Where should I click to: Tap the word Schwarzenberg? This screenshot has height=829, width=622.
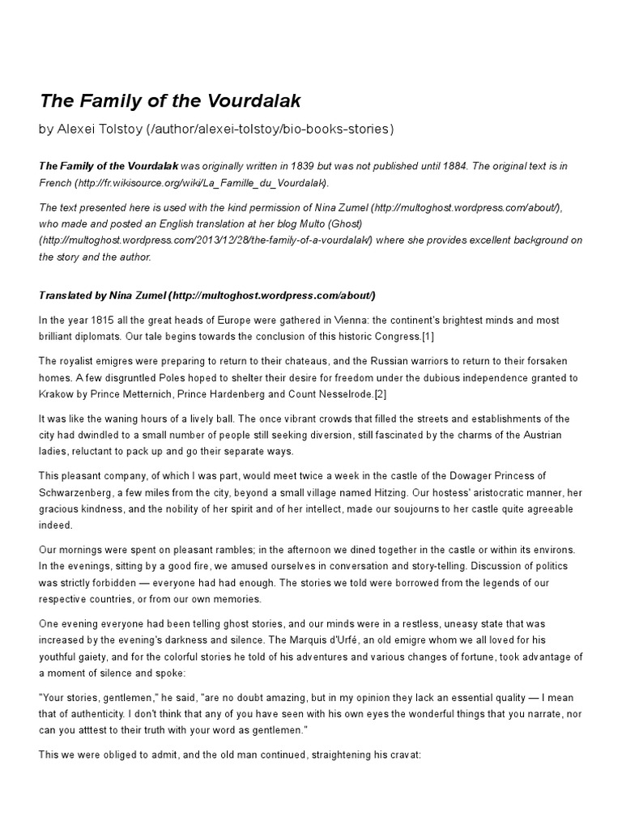pos(79,491)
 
